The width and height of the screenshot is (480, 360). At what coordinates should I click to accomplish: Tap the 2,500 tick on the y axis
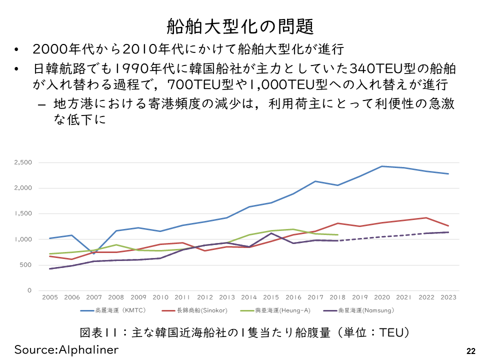pyautogui.click(x=23, y=162)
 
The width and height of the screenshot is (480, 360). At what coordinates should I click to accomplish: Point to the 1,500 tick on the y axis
pyautogui.click(x=23, y=213)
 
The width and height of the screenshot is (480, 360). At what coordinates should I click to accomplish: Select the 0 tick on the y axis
pyautogui.click(x=29, y=290)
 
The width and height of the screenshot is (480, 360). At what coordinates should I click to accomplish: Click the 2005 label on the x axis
pyautogui.click(x=50, y=297)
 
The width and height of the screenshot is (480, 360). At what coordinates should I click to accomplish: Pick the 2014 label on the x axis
pyautogui.click(x=249, y=297)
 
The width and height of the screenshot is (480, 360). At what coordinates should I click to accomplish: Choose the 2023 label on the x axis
pyautogui.click(x=448, y=297)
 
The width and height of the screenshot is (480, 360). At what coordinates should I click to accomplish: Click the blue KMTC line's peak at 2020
pyautogui.click(x=382, y=166)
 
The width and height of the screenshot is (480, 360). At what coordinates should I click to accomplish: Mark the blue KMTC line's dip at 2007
pyautogui.click(x=94, y=253)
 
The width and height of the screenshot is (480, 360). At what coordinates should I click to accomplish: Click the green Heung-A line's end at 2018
pyautogui.click(x=338, y=234)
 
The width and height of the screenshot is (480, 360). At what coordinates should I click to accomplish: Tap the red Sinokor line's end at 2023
pyautogui.click(x=448, y=225)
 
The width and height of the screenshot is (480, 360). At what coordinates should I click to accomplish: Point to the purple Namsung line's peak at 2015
pyautogui.click(x=271, y=233)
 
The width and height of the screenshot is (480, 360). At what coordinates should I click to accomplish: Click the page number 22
pyautogui.click(x=470, y=350)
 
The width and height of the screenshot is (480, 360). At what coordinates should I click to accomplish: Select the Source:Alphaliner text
pyautogui.click(x=66, y=349)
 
